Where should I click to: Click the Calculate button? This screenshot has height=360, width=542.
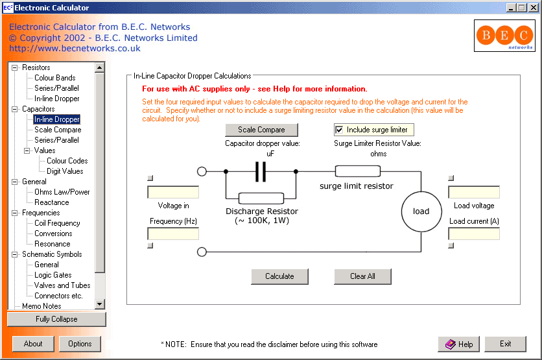pyautogui.click(x=279, y=276)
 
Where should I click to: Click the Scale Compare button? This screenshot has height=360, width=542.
pyautogui.click(x=261, y=130)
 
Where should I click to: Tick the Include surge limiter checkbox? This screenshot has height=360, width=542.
pyautogui.click(x=339, y=130)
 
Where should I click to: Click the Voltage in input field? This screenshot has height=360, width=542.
pyautogui.click(x=173, y=192)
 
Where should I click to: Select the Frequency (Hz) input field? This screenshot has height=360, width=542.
pyautogui.click(x=173, y=234)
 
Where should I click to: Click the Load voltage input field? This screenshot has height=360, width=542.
pyautogui.click(x=473, y=192)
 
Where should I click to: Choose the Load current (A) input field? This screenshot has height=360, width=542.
pyautogui.click(x=473, y=234)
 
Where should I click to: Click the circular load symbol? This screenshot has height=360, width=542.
pyautogui.click(x=421, y=211)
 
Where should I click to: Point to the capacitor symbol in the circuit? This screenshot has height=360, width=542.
pyautogui.click(x=261, y=172)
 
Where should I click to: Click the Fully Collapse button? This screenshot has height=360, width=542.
pyautogui.click(x=56, y=319)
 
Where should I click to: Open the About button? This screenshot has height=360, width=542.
pyautogui.click(x=33, y=344)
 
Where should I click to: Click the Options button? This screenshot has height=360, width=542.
pyautogui.click(x=80, y=344)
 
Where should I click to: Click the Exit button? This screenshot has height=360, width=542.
pyautogui.click(x=505, y=344)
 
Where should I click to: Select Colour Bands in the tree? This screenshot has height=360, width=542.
pyautogui.click(x=55, y=78)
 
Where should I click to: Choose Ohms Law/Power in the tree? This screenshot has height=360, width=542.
pyautogui.click(x=62, y=192)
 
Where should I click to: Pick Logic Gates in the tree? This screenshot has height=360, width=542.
pyautogui.click(x=53, y=275)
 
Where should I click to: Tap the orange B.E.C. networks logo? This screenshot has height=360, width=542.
pyautogui.click(x=504, y=36)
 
